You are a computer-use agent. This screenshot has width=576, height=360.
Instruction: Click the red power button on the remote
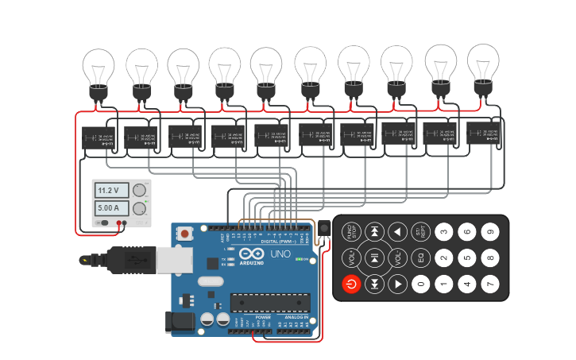(351, 284)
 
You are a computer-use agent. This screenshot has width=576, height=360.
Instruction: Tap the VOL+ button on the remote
(351, 257)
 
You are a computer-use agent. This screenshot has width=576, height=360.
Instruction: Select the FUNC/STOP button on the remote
(351, 232)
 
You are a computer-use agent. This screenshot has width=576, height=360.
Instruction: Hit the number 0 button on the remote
(421, 284)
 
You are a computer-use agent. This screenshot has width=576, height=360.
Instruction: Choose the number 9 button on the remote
(490, 232)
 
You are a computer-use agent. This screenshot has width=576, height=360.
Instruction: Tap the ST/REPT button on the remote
(421, 232)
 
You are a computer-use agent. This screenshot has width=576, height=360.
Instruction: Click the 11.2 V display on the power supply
(108, 191)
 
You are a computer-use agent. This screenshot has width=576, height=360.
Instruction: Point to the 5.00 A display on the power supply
(108, 208)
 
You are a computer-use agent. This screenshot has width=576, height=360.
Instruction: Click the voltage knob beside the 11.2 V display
(141, 190)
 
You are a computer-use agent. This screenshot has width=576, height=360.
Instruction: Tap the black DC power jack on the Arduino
(179, 320)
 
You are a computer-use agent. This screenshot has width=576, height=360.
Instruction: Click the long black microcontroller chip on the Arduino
(269, 303)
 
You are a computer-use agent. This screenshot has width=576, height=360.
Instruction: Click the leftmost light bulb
(99, 72)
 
